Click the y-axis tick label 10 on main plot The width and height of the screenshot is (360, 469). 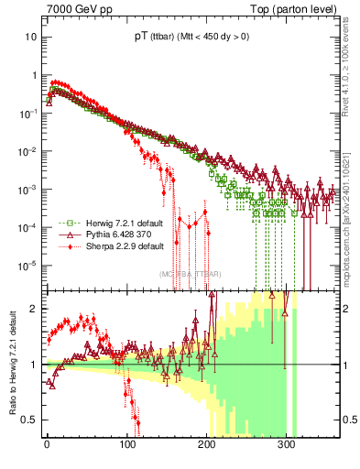click(x=28, y=37)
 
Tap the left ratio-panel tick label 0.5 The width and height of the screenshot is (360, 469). click(x=27, y=420)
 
